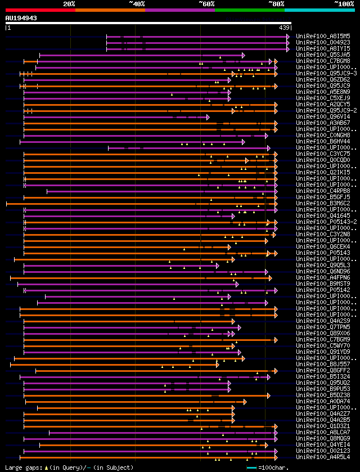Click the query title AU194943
click(x=21, y=18)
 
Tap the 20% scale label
click(x=69, y=3)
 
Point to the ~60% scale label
click(x=206, y=3)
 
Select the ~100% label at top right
click(x=344, y=3)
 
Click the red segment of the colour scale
click(x=40, y=10)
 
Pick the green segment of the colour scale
click(x=249, y=10)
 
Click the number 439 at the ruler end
click(x=284, y=28)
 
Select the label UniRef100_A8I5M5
click(x=322, y=36)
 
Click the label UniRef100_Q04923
click(x=322, y=42)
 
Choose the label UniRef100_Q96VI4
click(x=322, y=117)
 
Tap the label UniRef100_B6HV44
click(x=322, y=141)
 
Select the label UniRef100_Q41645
click(x=322, y=215)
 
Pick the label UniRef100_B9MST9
click(x=322, y=284)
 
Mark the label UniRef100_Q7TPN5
click(x=322, y=327)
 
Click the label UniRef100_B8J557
click(x=322, y=364)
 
